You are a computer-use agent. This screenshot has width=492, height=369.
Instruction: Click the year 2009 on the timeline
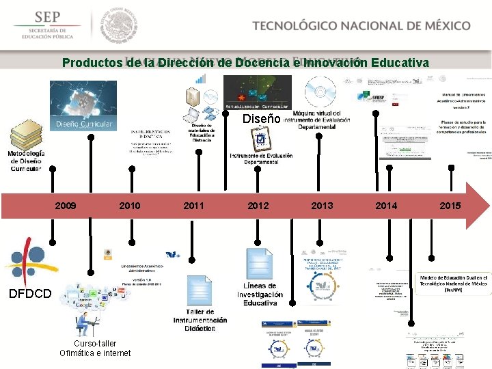66,206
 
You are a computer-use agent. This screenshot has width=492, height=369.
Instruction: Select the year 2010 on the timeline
130,206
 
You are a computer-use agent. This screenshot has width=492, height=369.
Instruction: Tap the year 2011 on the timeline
194,206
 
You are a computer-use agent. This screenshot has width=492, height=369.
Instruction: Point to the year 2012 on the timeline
258,206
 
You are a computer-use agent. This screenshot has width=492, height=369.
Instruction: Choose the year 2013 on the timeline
322,206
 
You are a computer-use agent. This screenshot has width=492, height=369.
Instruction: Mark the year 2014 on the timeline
386,206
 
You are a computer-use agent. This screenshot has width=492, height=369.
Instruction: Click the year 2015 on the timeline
450,206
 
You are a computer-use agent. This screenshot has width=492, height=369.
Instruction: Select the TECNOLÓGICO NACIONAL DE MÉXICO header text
361,26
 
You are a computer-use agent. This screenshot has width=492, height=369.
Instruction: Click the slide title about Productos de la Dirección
245,63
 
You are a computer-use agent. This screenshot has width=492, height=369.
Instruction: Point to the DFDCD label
29,294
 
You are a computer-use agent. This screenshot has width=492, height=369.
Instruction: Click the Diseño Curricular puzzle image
83,106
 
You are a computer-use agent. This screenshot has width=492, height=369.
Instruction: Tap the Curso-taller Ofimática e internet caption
95,348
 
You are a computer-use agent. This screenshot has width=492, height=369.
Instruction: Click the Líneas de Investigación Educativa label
260,294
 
